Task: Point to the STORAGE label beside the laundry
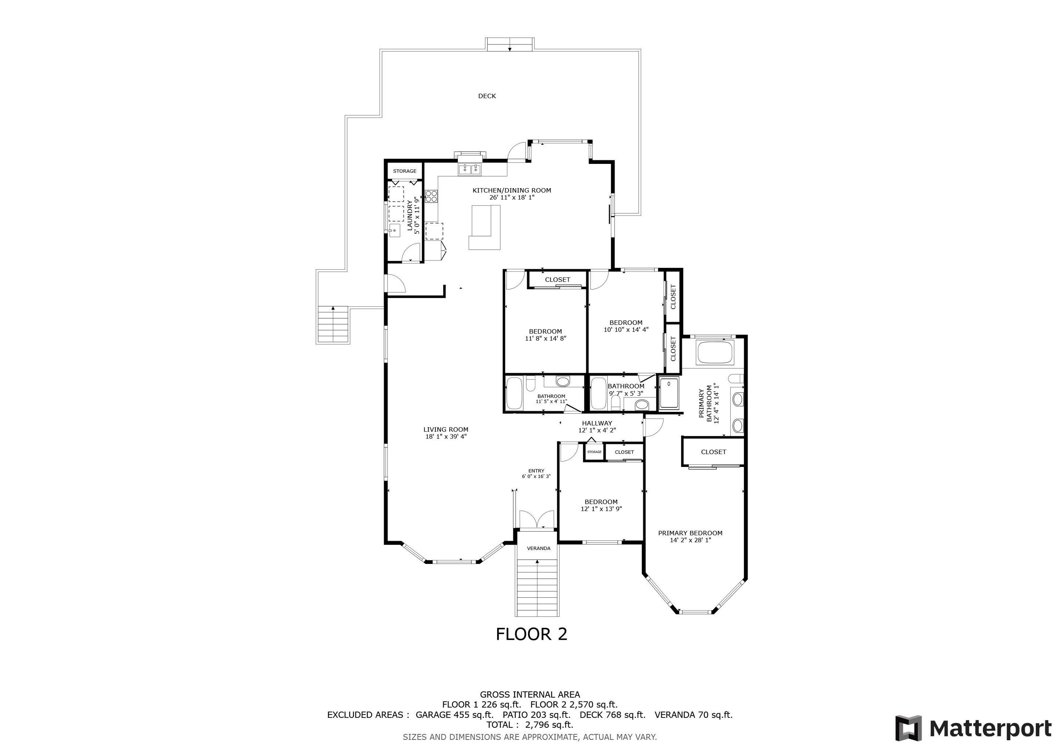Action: coord(405,171)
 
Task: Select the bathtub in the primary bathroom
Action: coord(715,353)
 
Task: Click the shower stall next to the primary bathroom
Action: coord(669,394)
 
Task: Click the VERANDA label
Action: coord(539,548)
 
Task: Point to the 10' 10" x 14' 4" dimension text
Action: coord(626,330)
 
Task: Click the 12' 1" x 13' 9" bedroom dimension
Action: coord(601,509)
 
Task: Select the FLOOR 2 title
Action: coord(531,634)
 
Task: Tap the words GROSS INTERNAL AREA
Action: coord(530,695)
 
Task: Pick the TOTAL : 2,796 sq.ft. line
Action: coord(530,725)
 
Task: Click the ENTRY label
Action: coord(536,471)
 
